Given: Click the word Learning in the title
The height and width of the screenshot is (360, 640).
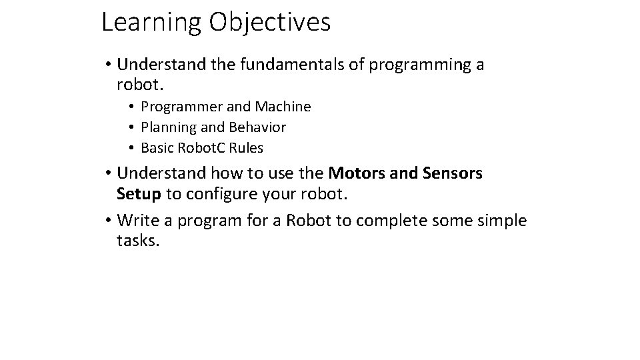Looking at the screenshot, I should [151, 23].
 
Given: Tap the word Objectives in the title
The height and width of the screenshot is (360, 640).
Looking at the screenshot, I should [269, 23].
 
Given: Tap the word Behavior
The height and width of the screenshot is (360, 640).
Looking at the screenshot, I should [257, 127].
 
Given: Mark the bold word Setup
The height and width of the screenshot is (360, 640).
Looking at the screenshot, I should [139, 194].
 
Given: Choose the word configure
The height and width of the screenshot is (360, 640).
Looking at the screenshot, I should [219, 194].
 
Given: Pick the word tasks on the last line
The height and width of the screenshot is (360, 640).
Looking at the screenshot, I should [137, 241].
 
